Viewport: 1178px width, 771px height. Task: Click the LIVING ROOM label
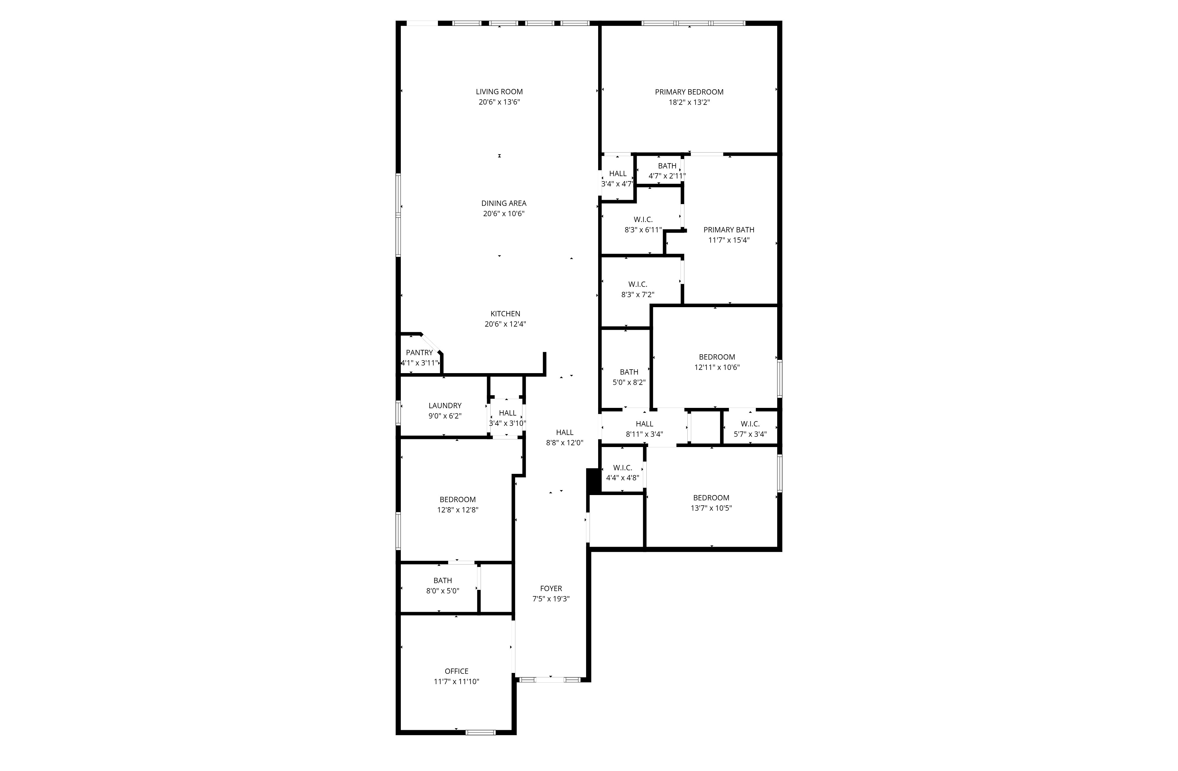coord(499,92)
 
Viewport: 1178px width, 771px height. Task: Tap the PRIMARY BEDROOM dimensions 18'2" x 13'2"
coord(689,102)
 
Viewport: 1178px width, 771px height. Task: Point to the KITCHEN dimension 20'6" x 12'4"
coord(505,324)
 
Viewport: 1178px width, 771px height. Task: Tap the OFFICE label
coord(456,671)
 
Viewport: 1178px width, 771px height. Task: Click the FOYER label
coord(550,588)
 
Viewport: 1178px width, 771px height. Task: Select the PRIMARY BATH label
coord(729,230)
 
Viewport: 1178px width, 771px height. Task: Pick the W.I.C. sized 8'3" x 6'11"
coord(643,225)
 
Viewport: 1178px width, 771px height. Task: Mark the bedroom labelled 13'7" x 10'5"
coord(711,503)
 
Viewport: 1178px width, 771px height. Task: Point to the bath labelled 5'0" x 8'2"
coord(628,377)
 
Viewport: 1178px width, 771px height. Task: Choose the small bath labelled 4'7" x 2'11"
coord(667,171)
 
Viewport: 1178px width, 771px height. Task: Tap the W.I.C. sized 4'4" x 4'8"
coord(622,473)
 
